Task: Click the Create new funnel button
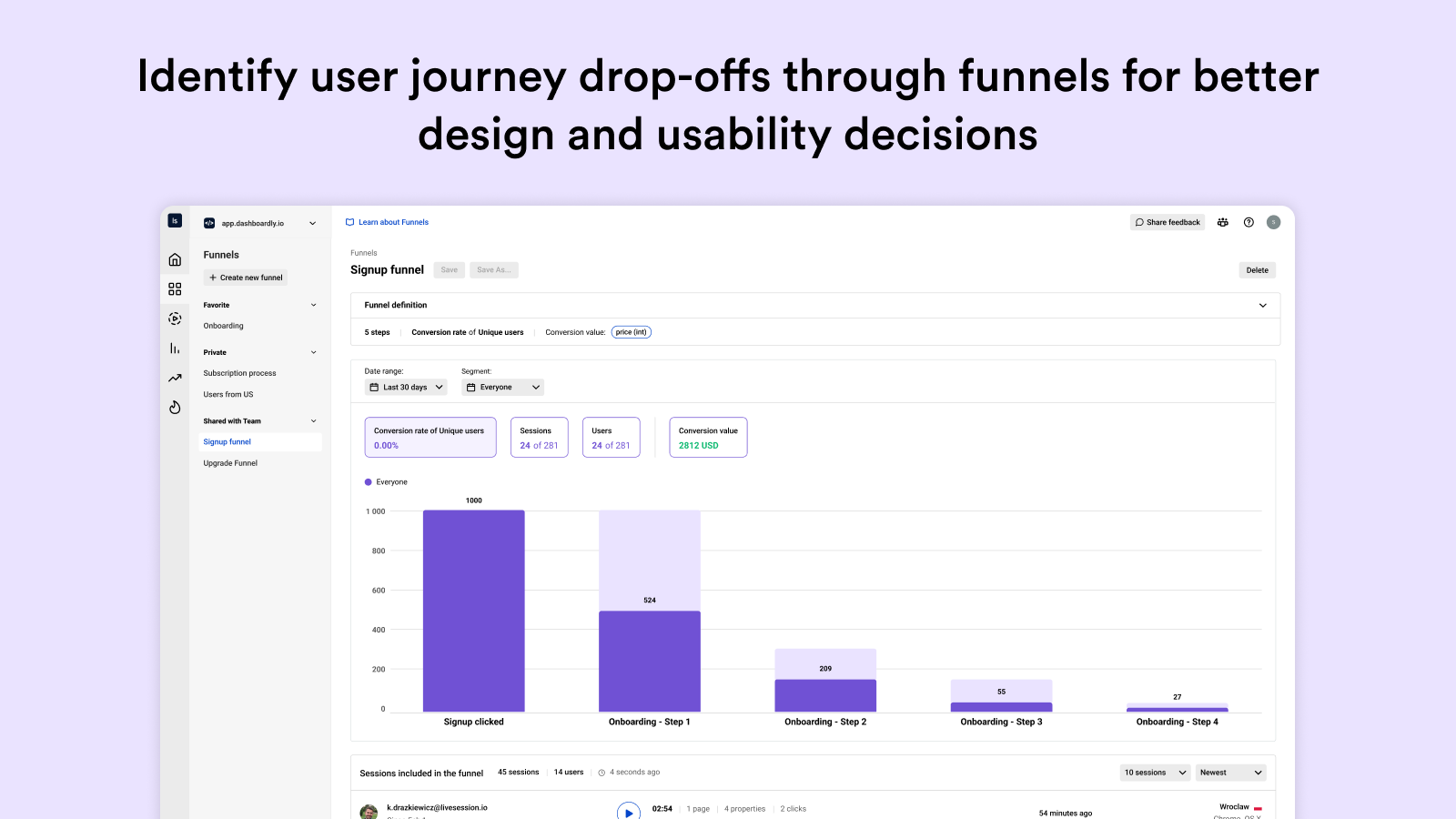pyautogui.click(x=246, y=278)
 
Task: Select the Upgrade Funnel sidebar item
pyautogui.click(x=230, y=463)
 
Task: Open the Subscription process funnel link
pyautogui.click(x=239, y=373)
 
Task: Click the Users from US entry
pyautogui.click(x=228, y=395)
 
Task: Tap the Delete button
pyautogui.click(x=1257, y=270)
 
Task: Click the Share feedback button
pyautogui.click(x=1168, y=222)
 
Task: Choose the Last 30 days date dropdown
pyautogui.click(x=406, y=388)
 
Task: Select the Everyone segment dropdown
pyautogui.click(x=502, y=388)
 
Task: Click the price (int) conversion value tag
pyautogui.click(x=631, y=332)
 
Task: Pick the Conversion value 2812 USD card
pyautogui.click(x=708, y=438)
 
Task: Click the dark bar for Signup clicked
pyautogui.click(x=473, y=611)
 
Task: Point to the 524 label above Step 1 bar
pyautogui.click(x=650, y=601)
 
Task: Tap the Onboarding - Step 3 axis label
pyautogui.click(x=1001, y=722)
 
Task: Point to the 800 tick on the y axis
pyautogui.click(x=378, y=551)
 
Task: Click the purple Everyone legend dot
pyautogui.click(x=369, y=482)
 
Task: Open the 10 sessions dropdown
pyautogui.click(x=1155, y=773)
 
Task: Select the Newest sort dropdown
pyautogui.click(x=1230, y=773)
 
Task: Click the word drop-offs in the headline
pyautogui.click(x=674, y=76)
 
